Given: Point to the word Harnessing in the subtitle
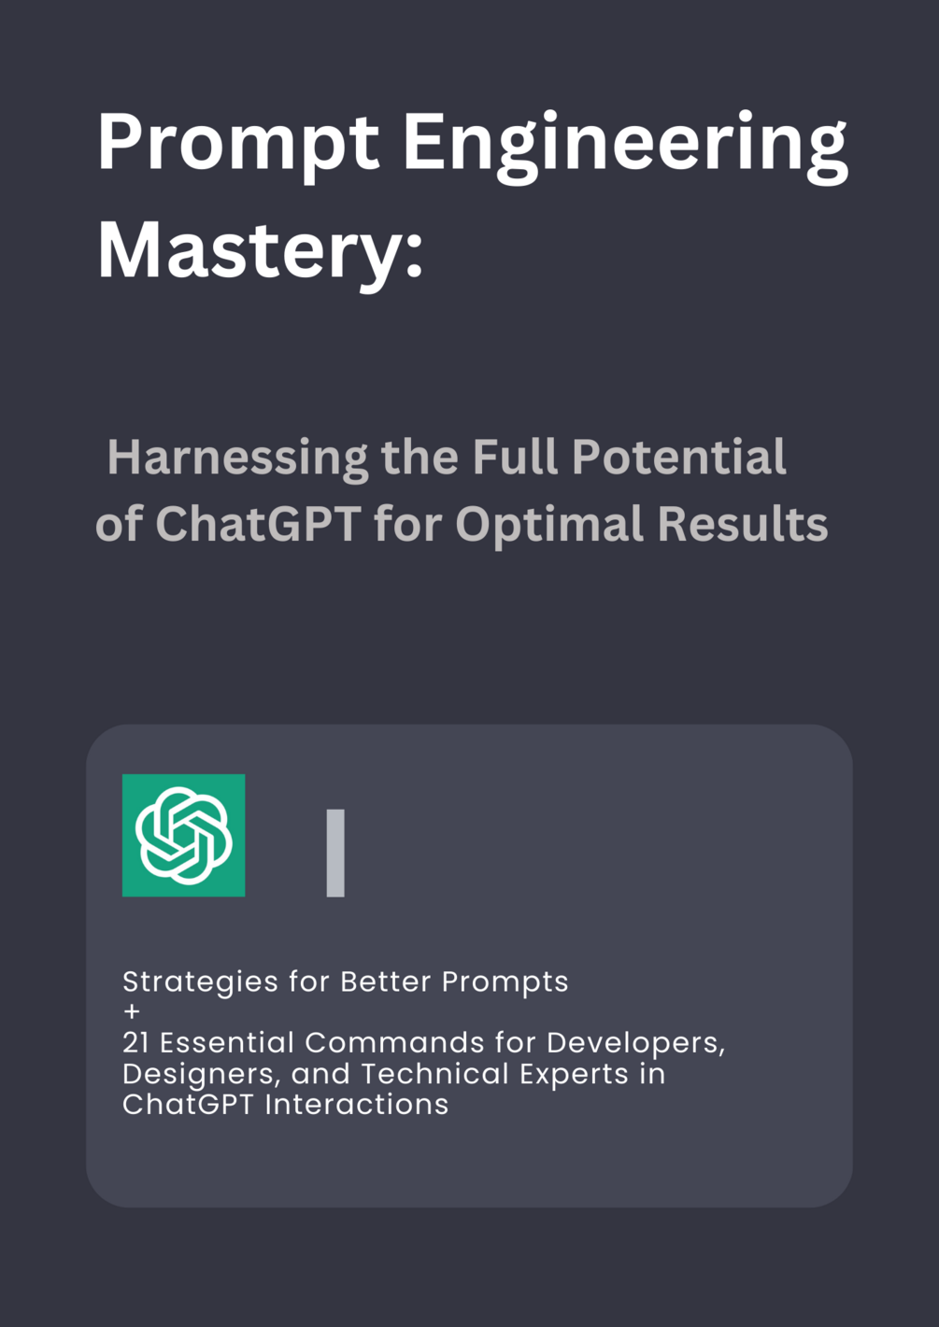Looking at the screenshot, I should click(x=237, y=458).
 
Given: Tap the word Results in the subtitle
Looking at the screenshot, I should click(x=742, y=525).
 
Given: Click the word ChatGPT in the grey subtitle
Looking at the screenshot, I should click(x=258, y=525).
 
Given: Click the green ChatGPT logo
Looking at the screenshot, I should click(x=184, y=835).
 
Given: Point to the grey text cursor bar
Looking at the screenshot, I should click(x=335, y=853).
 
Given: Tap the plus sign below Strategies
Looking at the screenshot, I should click(x=132, y=1011).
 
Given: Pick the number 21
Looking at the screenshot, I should click(x=135, y=1042).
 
